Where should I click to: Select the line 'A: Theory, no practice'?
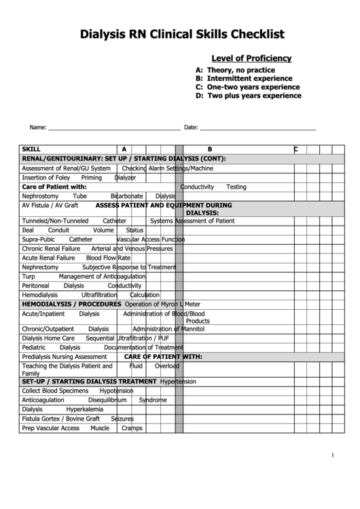pos(235,70)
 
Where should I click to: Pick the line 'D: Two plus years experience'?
pos(248,96)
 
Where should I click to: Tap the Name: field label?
pos(37,127)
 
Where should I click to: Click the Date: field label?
pos(191,127)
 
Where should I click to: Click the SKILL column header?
pos(31,149)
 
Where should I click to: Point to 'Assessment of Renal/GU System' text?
pos(66,168)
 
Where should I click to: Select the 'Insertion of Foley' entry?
pos(46,177)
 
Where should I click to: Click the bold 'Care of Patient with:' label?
pos(54,186)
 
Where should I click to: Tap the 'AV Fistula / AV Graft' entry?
pos(50,205)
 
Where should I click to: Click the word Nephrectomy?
pos(40,267)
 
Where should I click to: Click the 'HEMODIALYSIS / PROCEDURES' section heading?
pos(71,304)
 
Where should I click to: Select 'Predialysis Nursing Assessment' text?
pos(65,356)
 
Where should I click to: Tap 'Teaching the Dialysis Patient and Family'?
pos(67,369)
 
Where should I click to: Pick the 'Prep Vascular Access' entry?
pos(50,428)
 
